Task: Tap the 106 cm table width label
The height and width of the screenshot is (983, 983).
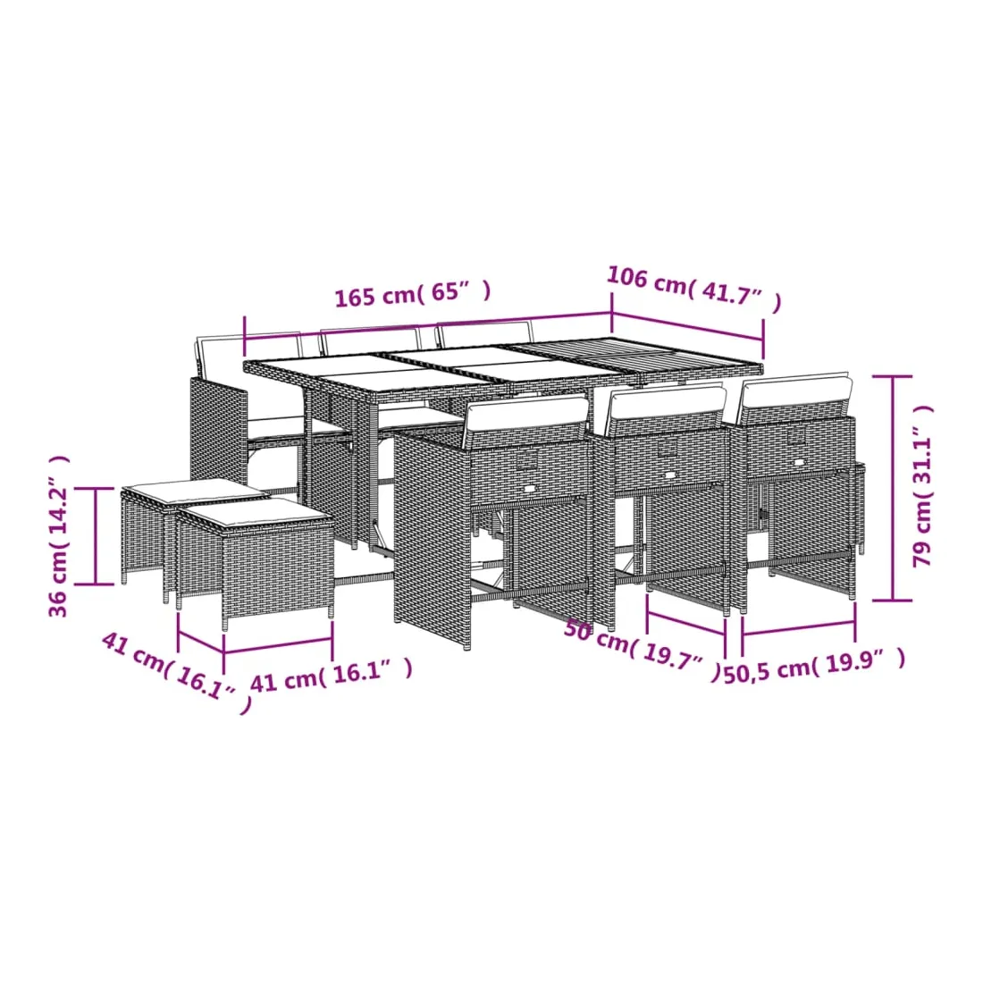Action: [694, 288]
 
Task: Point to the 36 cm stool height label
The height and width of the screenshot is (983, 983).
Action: [58, 536]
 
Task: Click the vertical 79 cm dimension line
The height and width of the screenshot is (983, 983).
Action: [893, 488]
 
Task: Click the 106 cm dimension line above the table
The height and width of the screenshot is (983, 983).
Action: [688, 326]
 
